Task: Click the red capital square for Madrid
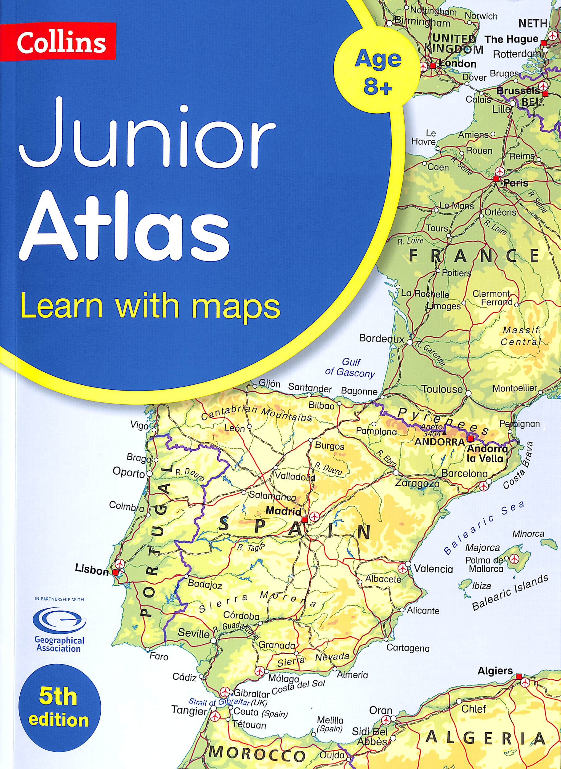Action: point(305,519)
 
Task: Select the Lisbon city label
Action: point(92,571)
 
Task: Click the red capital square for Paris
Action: point(496,178)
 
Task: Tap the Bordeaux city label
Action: point(382,339)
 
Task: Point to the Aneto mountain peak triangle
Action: point(445,433)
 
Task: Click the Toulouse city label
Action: point(442,389)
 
